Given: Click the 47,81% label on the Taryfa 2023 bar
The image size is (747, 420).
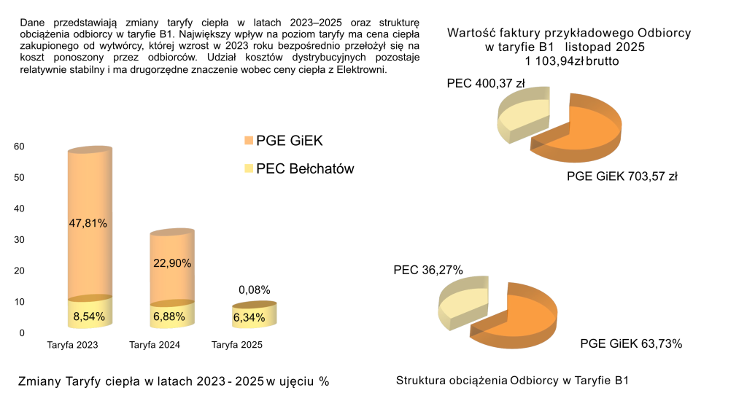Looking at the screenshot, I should tap(89, 223).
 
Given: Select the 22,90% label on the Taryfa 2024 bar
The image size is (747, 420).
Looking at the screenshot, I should tap(171, 263).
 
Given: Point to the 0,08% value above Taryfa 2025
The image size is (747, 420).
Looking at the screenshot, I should tap(255, 289).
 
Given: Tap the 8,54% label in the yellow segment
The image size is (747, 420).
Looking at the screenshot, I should tap(89, 316).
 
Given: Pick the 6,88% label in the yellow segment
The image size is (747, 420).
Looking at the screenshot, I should tap(171, 317).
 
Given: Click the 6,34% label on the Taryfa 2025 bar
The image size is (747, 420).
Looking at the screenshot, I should tap(251, 317).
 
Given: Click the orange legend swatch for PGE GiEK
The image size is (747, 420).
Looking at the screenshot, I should tap(249, 141).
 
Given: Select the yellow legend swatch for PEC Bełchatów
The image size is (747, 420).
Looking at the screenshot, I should tap(249, 169).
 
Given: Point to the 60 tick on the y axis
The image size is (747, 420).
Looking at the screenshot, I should tap(20, 147).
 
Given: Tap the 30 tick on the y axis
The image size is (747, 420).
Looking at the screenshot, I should tap(20, 240).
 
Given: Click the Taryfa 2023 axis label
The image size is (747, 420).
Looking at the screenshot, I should tap(72, 345).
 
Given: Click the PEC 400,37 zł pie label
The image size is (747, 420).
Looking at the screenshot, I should tap(486, 83).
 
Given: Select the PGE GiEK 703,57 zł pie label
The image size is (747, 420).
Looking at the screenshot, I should tap(622, 176).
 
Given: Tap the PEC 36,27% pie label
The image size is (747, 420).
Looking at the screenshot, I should tap(428, 270).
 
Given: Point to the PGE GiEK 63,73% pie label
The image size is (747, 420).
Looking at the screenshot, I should tap(631, 344).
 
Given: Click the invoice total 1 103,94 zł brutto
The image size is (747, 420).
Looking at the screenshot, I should tap(571, 62).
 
